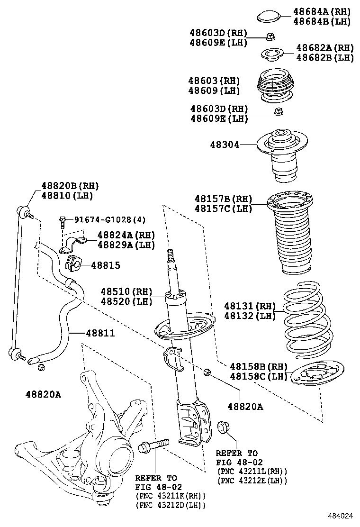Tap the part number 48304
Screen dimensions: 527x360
click(225, 144)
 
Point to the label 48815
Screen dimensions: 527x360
click(106, 266)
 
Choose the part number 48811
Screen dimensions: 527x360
click(100, 334)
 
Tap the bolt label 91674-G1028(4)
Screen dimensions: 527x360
click(103, 219)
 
